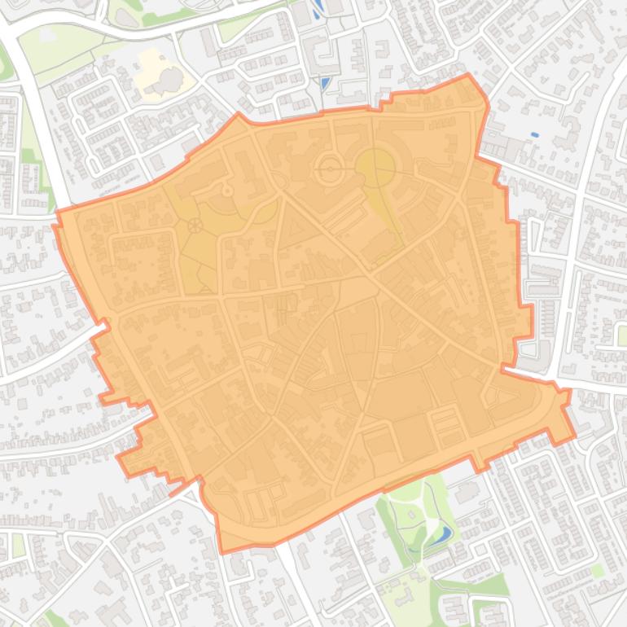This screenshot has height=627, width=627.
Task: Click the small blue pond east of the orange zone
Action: (x=534, y=134)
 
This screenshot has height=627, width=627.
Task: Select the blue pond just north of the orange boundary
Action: (x=326, y=83)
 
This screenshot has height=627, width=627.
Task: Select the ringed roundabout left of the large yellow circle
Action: (x=330, y=170)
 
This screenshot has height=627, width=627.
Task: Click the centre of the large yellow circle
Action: (x=375, y=168)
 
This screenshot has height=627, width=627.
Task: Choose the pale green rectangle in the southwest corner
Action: (x=18, y=545)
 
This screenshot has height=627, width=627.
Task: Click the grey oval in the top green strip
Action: (x=47, y=35)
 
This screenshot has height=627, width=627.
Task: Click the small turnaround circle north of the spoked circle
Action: (x=227, y=191)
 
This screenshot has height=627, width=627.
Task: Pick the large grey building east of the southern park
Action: (x=467, y=493)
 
